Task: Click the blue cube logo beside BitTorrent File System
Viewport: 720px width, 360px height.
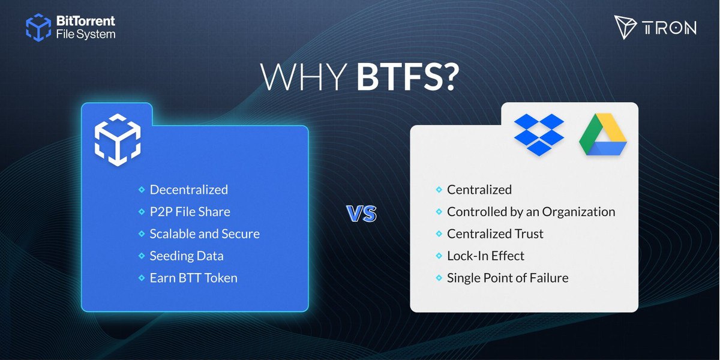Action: (x=38, y=28)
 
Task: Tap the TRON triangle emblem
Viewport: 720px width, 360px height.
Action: (x=624, y=27)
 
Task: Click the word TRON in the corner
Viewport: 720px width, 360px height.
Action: (x=671, y=28)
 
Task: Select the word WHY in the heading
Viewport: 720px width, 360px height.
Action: (x=303, y=77)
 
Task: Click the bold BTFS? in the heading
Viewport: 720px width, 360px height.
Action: (x=407, y=77)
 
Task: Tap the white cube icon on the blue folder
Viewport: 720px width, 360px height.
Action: (x=118, y=140)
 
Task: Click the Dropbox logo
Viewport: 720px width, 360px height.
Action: (x=539, y=134)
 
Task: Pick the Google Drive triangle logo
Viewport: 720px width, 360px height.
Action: (x=602, y=134)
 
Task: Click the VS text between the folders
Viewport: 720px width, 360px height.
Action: (x=362, y=214)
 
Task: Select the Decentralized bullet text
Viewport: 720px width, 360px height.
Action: (x=188, y=190)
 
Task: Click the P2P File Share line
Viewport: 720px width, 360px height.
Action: (x=190, y=212)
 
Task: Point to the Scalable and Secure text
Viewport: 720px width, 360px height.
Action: (x=205, y=233)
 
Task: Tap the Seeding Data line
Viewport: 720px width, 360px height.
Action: (x=187, y=256)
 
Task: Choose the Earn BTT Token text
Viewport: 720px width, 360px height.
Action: (x=193, y=278)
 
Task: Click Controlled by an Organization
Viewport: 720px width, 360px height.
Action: (x=531, y=212)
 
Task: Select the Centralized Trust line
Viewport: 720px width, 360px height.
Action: (x=495, y=233)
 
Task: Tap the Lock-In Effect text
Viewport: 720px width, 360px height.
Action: (x=485, y=256)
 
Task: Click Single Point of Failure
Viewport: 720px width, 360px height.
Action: (x=508, y=278)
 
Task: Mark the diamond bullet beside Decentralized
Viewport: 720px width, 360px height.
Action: (x=142, y=190)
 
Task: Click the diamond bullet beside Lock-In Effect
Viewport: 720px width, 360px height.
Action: (x=439, y=256)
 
